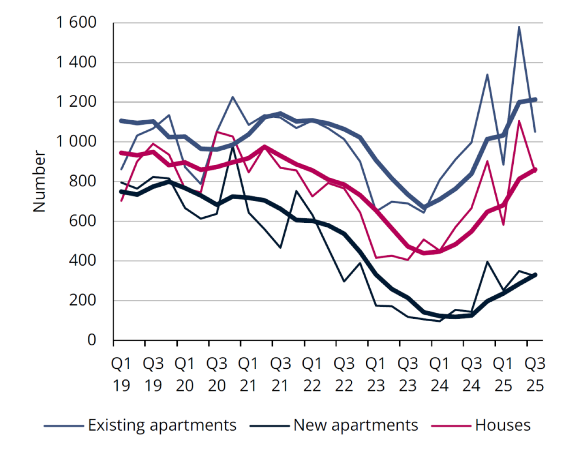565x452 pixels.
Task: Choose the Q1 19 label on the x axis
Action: click(121, 373)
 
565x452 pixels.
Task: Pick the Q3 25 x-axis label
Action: click(535, 373)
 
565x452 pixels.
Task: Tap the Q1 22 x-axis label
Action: click(312, 373)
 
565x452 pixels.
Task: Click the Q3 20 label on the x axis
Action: click(216, 373)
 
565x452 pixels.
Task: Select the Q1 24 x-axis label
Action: click(439, 373)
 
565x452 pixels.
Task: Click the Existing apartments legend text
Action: click(162, 425)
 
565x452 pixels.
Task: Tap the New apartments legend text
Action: click(355, 425)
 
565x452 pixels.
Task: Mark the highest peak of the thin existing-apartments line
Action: click(519, 27)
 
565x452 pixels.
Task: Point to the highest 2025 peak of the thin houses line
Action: click(519, 121)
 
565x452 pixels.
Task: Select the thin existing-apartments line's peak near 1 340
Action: click(487, 74)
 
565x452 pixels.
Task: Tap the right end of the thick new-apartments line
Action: click(535, 275)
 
